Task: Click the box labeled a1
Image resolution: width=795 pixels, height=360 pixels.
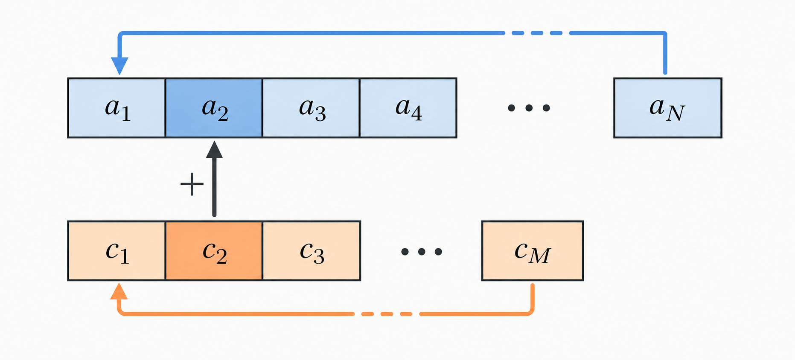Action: click(116, 108)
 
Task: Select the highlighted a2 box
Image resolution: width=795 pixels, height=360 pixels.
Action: click(214, 108)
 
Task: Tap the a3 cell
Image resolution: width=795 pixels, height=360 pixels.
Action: click(311, 108)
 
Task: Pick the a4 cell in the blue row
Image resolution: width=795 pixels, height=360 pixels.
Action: click(408, 108)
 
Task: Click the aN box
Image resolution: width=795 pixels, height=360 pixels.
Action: click(668, 108)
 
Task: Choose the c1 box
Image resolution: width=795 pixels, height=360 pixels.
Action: click(116, 251)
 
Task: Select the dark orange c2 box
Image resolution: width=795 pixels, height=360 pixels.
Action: click(214, 251)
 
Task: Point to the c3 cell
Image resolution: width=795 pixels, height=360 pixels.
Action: click(312, 251)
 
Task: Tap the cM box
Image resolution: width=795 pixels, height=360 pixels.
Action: click(533, 251)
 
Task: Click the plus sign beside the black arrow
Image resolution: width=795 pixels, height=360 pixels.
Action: click(192, 184)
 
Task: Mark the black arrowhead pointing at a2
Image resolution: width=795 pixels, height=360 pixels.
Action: click(214, 150)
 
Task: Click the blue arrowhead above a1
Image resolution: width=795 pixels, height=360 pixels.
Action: click(119, 66)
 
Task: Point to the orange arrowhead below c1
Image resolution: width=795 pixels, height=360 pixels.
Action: click(119, 291)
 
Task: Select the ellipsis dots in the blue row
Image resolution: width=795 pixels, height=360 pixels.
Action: click(529, 108)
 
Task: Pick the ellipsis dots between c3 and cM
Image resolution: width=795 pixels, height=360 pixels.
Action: click(422, 252)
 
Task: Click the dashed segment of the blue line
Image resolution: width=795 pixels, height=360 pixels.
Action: click(537, 33)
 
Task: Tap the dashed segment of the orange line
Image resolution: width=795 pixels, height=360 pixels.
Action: click(387, 314)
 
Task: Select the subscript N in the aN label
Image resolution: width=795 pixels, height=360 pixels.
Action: click(676, 114)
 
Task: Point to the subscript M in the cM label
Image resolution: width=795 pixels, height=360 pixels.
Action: click(540, 256)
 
